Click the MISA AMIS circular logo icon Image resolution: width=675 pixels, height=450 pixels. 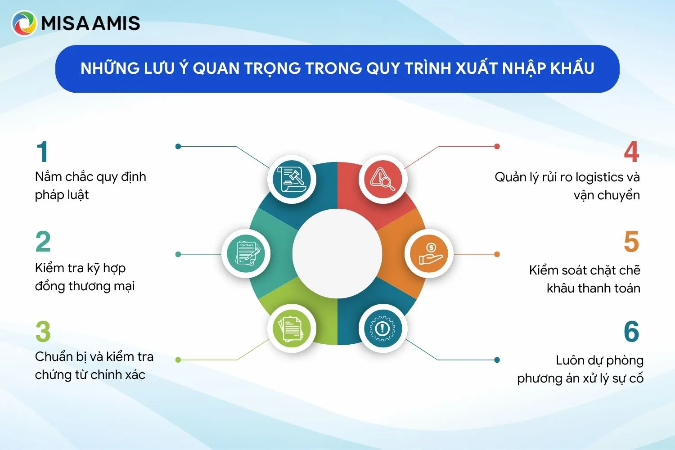[24, 23]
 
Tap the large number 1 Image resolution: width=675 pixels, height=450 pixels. [42, 152]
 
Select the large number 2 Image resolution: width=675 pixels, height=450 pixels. [43, 241]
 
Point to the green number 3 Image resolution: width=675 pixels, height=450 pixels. [43, 331]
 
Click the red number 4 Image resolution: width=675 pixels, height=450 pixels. [631, 152]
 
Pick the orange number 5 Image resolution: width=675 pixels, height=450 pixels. [632, 241]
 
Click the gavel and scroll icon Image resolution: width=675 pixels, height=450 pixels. [292, 180]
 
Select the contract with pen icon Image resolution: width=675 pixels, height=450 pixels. [246, 253]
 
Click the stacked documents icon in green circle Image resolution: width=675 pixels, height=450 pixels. [292, 328]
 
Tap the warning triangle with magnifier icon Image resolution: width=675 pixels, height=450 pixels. [383, 180]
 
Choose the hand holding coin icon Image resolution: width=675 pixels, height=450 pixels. [429, 253]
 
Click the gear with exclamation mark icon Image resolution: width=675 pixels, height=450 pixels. [383, 328]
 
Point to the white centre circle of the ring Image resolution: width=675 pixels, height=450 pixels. [337, 253]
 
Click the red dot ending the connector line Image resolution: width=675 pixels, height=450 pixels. [497, 147]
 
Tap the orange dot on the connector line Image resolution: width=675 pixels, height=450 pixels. [497, 254]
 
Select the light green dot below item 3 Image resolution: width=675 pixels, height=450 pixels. [178, 360]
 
